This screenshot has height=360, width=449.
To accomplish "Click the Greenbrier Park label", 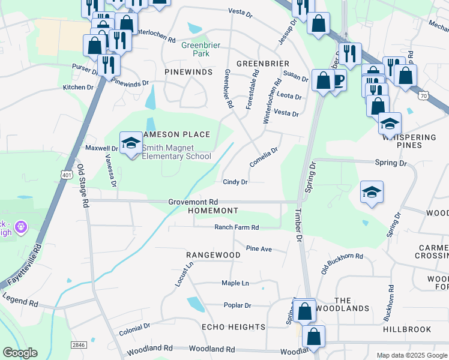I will coord(196,48).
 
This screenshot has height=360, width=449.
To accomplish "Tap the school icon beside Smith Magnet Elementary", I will coord(130,143).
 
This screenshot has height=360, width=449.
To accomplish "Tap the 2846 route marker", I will coord(78,344).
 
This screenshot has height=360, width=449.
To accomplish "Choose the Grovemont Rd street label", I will coord(193,202).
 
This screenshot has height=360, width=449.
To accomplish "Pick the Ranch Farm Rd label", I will coord(237,227).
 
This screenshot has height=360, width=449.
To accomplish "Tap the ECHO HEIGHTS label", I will coord(234,327).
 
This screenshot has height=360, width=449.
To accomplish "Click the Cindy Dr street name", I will coord(235,182).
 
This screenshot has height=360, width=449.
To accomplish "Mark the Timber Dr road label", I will coord(298,225).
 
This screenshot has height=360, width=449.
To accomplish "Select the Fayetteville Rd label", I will coord(22,263).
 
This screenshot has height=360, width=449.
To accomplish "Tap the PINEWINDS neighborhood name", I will coord(188,72).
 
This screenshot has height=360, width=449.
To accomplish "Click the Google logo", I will coord(20,353).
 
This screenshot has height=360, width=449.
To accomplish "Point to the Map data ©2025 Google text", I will coord(411,355).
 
